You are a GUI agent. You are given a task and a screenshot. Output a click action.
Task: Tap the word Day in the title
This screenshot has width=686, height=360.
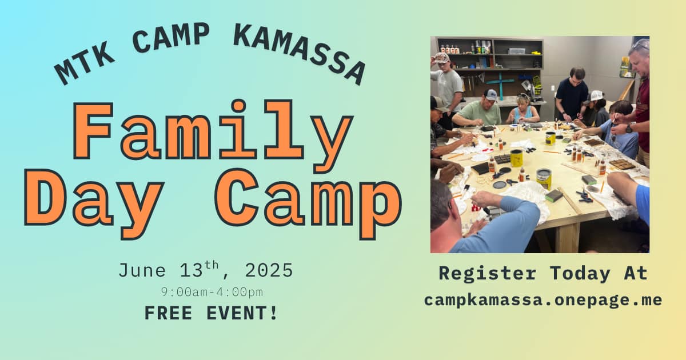point(94,203)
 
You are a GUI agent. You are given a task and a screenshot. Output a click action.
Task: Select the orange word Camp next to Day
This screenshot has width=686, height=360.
point(308,203)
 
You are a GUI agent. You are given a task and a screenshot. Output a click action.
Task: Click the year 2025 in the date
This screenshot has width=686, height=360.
point(269,271)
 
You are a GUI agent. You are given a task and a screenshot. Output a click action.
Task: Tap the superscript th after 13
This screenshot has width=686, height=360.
point(212,265)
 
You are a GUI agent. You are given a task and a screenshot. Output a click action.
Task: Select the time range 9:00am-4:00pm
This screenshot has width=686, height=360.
point(212,293)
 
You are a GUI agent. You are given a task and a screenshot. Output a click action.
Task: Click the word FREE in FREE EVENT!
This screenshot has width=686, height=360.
point(168,313)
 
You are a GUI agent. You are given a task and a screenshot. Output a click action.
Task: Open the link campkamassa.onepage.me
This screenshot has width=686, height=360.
point(543,301)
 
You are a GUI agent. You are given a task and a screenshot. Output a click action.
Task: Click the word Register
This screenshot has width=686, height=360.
point(488,273)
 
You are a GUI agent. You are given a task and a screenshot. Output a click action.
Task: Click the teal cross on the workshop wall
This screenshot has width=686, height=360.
point(501,83)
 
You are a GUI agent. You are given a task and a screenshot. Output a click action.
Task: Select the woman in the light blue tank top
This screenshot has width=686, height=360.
point(523,110)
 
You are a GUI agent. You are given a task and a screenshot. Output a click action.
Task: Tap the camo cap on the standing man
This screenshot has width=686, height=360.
point(441,58)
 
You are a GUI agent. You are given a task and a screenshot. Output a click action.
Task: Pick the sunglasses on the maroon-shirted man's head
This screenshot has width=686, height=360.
point(641,46)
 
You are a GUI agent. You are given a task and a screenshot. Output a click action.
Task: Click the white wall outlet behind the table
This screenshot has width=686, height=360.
point(553,89)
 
